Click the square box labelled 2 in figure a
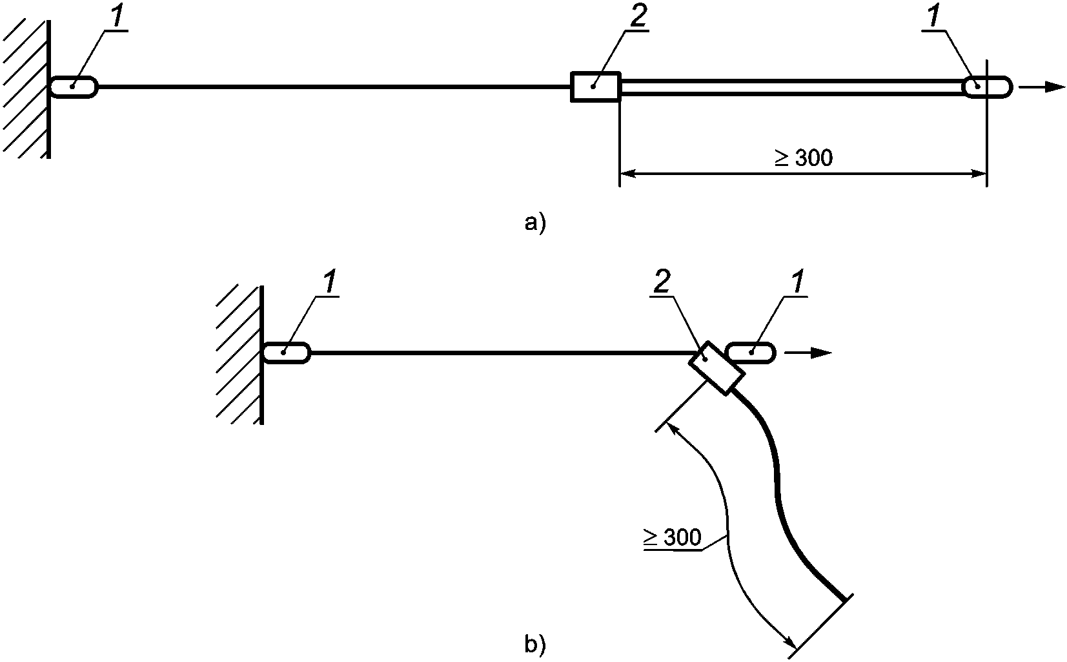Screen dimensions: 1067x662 point(595,87)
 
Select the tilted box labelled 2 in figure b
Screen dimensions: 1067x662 point(716,368)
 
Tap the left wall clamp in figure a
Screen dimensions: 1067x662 point(74,87)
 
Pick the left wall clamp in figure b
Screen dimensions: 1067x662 point(287,353)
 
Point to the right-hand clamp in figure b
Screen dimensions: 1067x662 point(751,353)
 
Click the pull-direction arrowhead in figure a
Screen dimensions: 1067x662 point(1055,87)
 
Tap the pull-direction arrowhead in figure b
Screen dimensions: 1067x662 point(822,353)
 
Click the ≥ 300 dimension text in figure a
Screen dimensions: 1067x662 point(804,158)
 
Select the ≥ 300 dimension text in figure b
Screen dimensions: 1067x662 point(672,537)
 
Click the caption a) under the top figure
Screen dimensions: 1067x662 point(535,223)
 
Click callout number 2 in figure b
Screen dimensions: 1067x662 point(662,283)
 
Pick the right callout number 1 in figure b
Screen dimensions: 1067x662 point(797,283)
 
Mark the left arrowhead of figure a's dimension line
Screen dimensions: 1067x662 point(629,174)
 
